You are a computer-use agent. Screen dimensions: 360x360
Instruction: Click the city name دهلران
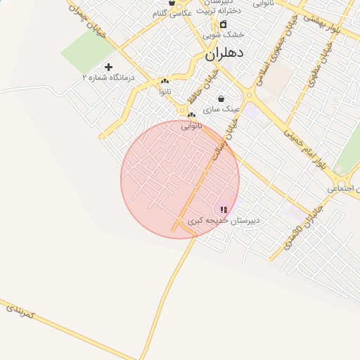click(224, 53)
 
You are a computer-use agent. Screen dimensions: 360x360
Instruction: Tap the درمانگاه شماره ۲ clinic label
click(108, 77)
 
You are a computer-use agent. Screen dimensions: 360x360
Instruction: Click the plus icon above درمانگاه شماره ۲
click(108, 67)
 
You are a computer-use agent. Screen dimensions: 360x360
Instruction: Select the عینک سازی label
click(221, 110)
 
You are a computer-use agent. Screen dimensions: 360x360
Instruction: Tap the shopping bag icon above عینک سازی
click(221, 99)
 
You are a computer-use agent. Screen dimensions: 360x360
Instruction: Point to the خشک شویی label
click(224, 34)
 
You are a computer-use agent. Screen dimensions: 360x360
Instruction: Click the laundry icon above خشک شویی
click(224, 24)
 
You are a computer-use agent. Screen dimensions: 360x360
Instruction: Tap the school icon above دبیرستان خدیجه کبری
click(224, 210)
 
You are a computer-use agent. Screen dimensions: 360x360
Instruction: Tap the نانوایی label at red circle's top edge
click(191, 126)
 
